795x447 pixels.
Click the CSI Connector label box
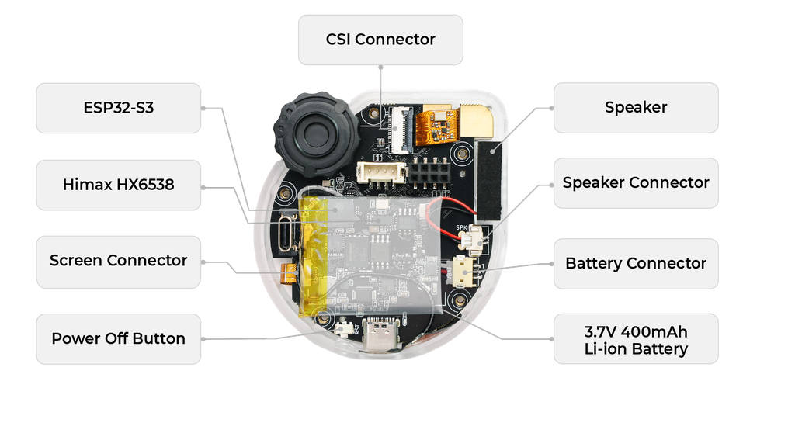pos(380,39)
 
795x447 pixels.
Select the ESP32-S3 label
pos(119,108)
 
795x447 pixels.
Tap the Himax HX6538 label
pos(119,185)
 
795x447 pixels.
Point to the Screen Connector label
pos(119,261)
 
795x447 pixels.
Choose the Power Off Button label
pos(119,338)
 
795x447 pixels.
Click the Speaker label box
pos(635,108)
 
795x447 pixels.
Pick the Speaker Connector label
pos(635,183)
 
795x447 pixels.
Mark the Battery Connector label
pos(635,264)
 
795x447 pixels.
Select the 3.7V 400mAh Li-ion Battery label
pos(635,339)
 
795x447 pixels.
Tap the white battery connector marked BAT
pos(463,270)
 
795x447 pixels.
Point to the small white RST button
pos(342,329)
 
